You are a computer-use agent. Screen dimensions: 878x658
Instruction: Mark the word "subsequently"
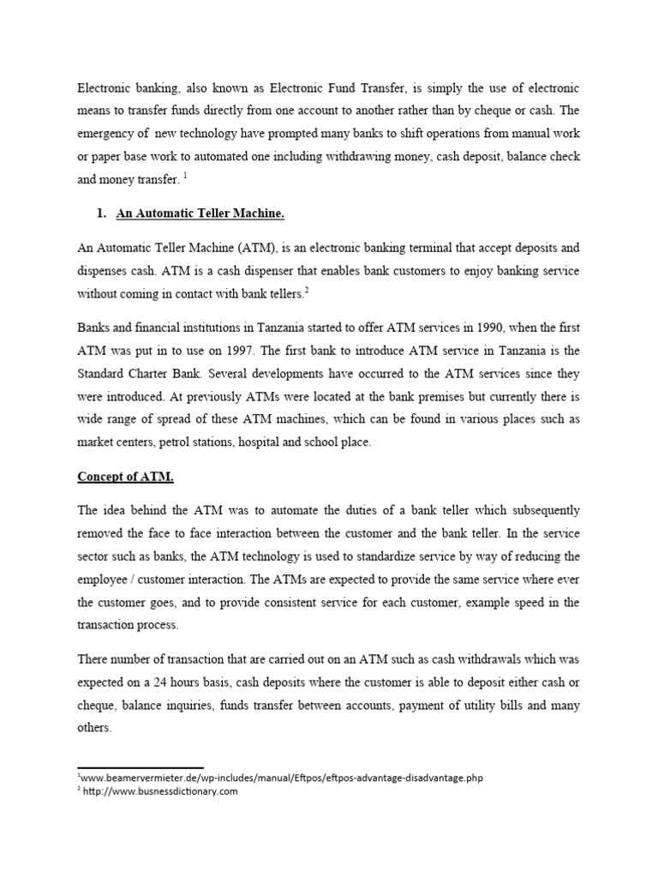point(541,510)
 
